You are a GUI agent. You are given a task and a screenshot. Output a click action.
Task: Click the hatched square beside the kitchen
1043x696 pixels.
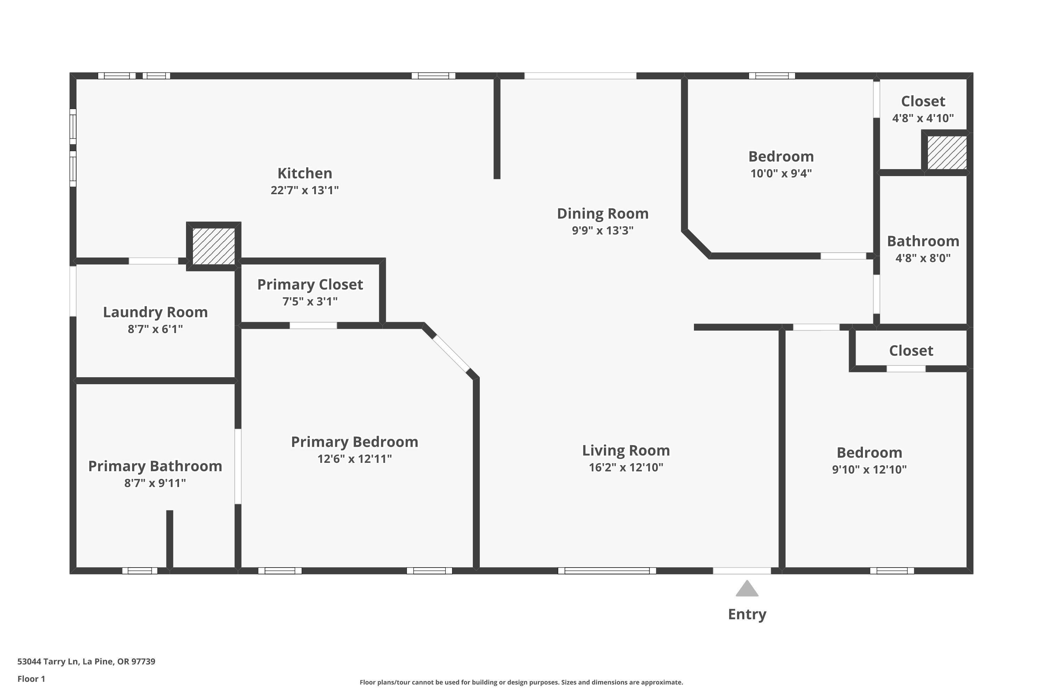(x=214, y=246)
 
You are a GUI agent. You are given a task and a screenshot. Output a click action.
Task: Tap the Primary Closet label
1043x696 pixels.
(x=310, y=285)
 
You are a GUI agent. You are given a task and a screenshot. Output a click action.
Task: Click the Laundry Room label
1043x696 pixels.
(x=155, y=312)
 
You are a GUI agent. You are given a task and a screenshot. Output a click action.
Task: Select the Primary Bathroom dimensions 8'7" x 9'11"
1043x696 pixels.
(x=155, y=483)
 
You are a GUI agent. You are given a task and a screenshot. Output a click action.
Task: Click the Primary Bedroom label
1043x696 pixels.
(x=354, y=442)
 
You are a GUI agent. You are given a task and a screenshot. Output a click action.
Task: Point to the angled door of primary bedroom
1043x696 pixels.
(x=451, y=353)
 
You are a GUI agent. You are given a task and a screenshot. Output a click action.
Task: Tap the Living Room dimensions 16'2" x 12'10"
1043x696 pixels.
(x=626, y=467)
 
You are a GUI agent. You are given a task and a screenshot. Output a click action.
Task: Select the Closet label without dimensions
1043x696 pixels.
(x=911, y=351)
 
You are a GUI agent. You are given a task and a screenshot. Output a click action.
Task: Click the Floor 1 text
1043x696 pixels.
(x=31, y=679)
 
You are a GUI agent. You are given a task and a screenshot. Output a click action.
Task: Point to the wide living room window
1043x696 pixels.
(x=606, y=571)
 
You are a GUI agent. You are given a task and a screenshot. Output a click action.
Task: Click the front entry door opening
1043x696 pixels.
(x=742, y=571)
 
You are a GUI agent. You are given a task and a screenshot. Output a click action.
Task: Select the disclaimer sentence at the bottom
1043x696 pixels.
(x=521, y=682)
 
